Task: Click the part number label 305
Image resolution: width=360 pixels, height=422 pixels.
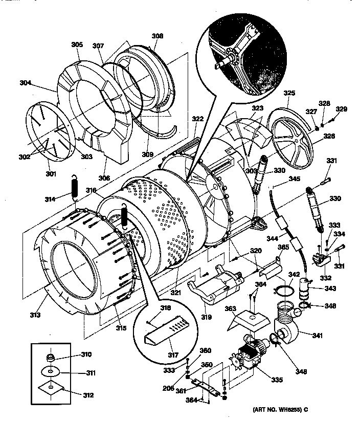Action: (x=76, y=45)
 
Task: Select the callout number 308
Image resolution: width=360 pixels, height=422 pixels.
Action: (x=157, y=36)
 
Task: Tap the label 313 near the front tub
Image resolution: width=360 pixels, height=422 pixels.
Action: (x=35, y=315)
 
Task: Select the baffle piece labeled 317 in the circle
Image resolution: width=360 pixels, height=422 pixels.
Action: (x=166, y=330)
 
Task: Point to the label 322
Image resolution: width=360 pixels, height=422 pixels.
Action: (x=198, y=119)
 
